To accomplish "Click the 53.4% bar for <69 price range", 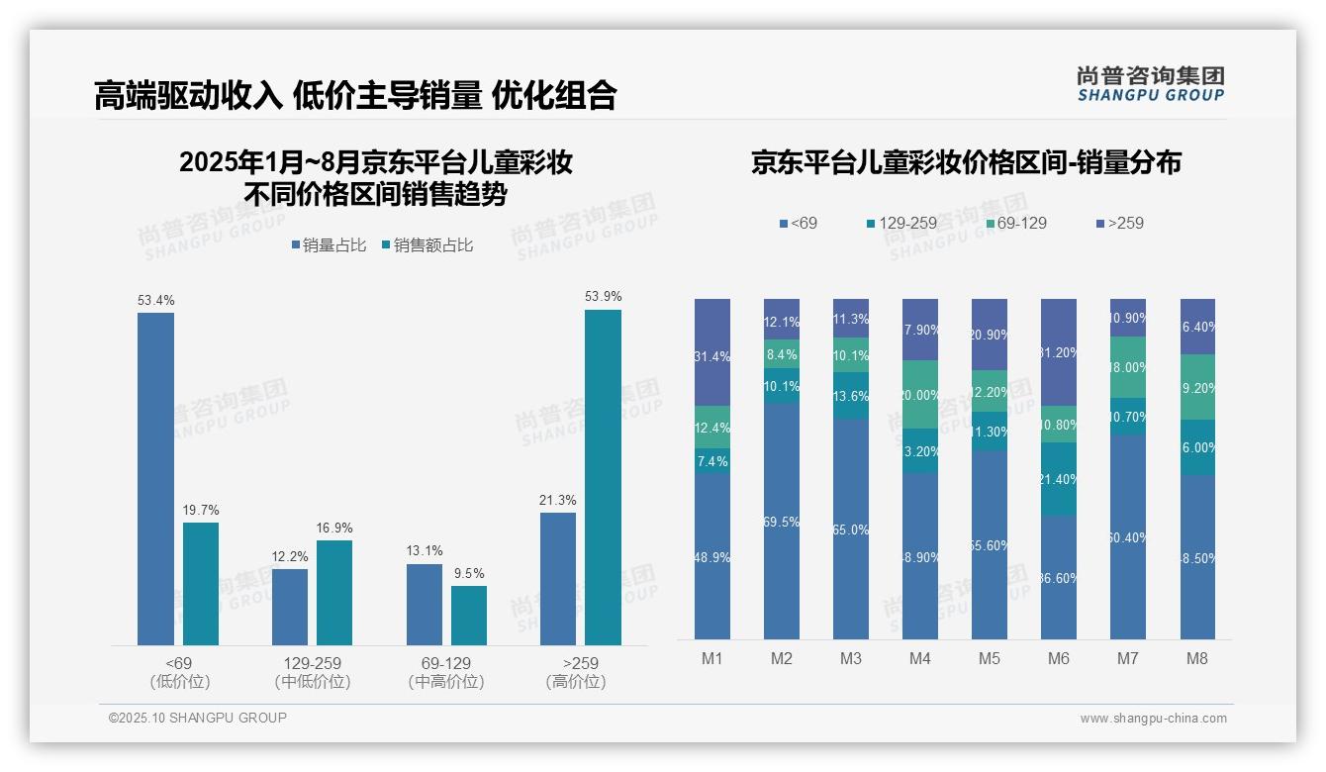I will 155,479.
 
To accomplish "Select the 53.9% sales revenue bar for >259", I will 603,477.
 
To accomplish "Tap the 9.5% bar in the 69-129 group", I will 469,616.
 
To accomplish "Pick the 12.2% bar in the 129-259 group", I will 290,607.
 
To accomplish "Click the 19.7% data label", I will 201,510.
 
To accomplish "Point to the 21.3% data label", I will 558,500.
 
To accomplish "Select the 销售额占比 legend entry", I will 426,245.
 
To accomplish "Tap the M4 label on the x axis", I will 920,658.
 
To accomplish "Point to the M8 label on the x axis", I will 1197,658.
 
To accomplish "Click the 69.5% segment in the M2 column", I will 782,521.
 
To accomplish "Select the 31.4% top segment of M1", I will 712,352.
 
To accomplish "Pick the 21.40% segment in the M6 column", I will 1059,479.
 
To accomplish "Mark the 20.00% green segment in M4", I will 920,395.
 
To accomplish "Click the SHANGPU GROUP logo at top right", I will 1150,84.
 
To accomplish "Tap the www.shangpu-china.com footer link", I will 1153,719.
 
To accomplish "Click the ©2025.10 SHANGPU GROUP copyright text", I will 198,718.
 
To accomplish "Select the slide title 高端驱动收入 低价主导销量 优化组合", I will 355,95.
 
